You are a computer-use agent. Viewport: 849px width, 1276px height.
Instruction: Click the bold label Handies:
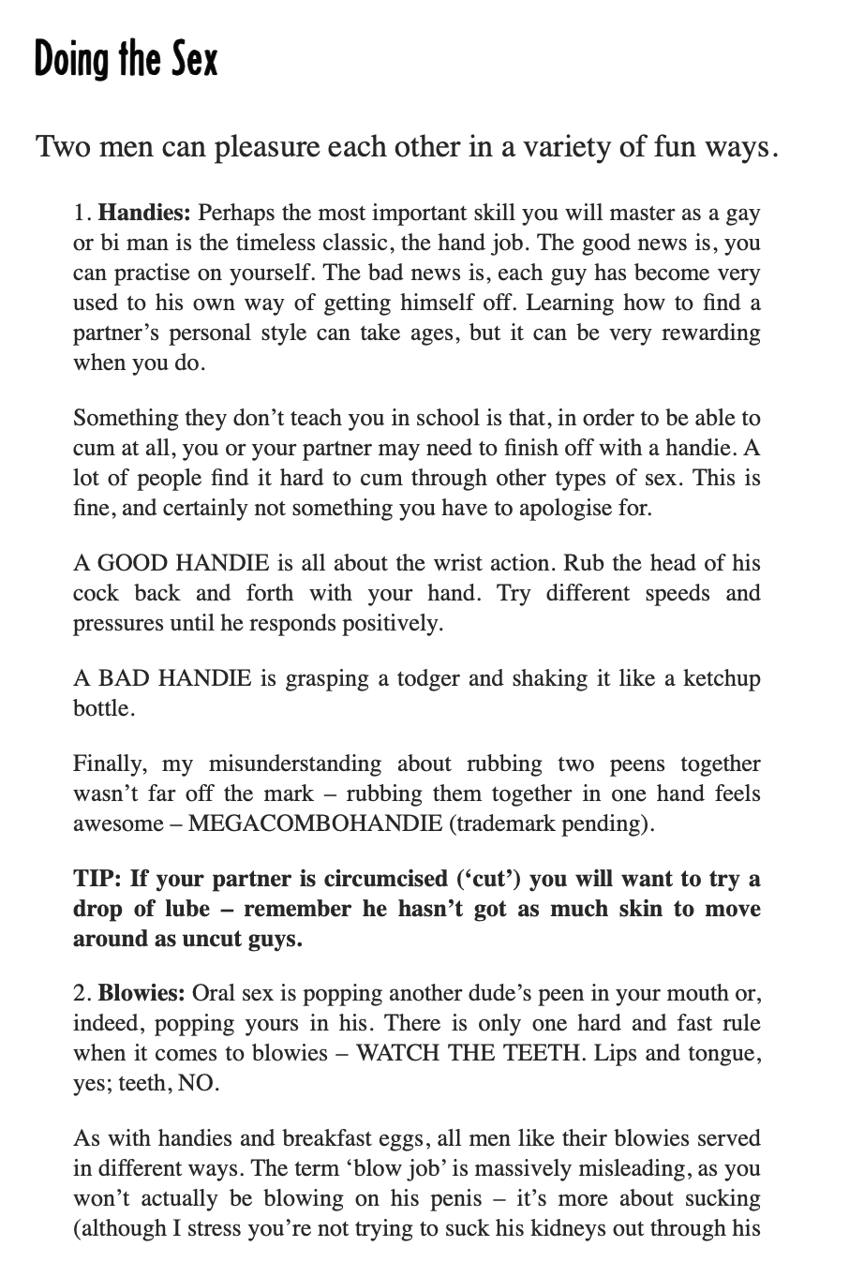point(144,213)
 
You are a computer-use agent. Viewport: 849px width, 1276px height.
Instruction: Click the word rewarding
point(710,333)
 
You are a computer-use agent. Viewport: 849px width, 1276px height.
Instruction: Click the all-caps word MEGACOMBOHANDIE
point(315,823)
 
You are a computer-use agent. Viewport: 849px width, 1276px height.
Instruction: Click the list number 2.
point(80,993)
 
